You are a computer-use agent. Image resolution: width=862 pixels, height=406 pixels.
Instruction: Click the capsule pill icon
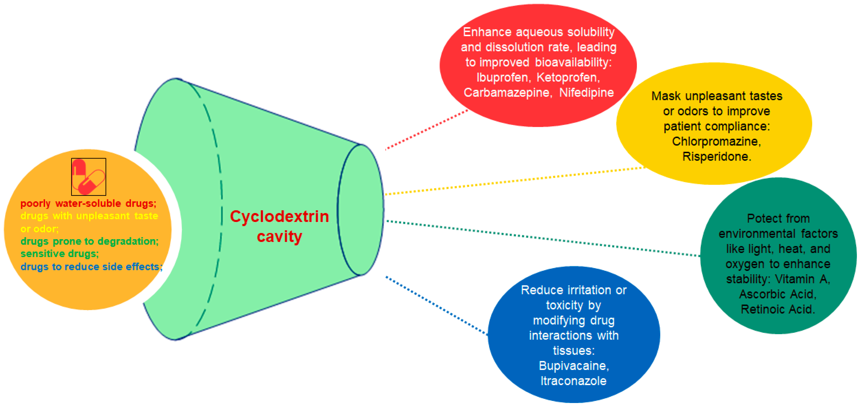click(x=88, y=177)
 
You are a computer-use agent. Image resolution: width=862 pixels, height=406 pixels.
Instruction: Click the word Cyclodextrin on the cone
click(x=279, y=216)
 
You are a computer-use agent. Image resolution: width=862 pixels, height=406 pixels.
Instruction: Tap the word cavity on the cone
click(x=279, y=236)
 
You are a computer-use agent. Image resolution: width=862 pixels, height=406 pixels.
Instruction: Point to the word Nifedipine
click(x=586, y=92)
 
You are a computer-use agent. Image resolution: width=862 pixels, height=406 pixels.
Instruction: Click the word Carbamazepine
click(x=507, y=92)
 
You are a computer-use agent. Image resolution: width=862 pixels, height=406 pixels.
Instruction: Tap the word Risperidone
click(x=716, y=156)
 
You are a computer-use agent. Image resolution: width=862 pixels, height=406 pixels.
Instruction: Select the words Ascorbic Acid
click(x=778, y=294)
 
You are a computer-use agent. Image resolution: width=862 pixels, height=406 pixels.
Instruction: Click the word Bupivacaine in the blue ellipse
click(x=574, y=366)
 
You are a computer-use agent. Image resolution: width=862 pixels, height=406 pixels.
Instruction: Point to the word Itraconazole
click(x=574, y=381)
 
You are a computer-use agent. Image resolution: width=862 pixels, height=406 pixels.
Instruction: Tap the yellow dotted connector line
click(x=515, y=181)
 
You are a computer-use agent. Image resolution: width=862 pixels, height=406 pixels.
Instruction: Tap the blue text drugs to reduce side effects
click(x=91, y=267)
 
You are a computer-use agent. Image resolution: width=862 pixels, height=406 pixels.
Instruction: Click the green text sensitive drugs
click(x=60, y=254)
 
